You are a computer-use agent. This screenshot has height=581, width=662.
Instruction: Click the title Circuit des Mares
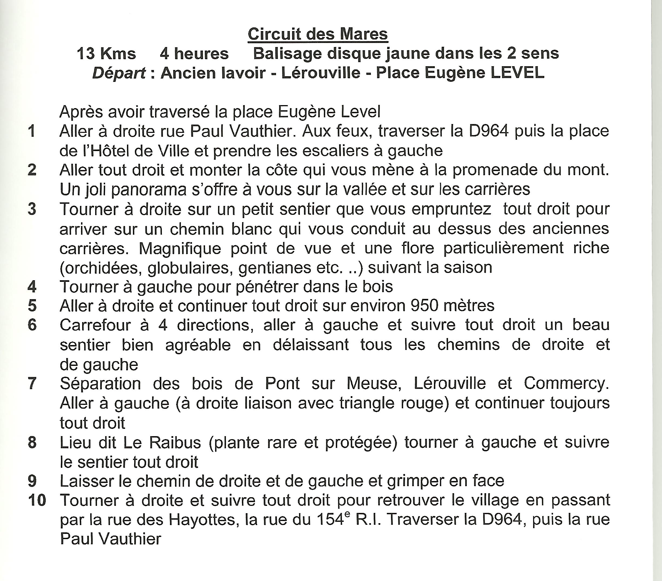click(x=318, y=34)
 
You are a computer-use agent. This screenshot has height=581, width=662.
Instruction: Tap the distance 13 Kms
click(x=106, y=54)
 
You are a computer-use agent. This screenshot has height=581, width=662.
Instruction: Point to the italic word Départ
click(x=119, y=73)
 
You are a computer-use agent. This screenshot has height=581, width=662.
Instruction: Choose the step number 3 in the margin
click(x=32, y=209)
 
